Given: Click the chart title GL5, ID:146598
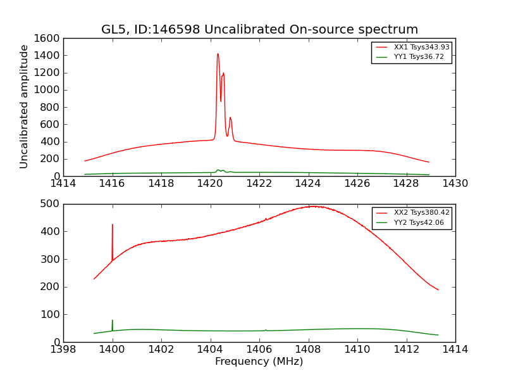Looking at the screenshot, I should [x=259, y=30].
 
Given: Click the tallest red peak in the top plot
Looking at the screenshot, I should [x=218, y=54].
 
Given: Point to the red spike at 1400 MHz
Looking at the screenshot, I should [x=113, y=225].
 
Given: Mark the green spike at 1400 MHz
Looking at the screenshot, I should [x=113, y=322].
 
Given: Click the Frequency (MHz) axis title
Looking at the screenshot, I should [x=259, y=362].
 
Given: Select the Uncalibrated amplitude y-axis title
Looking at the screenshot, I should [x=25, y=106].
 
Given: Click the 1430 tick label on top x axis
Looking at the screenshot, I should [x=455, y=184].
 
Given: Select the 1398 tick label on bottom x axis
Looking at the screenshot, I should [x=63, y=350].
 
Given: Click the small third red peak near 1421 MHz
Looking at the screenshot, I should [x=230, y=118].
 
